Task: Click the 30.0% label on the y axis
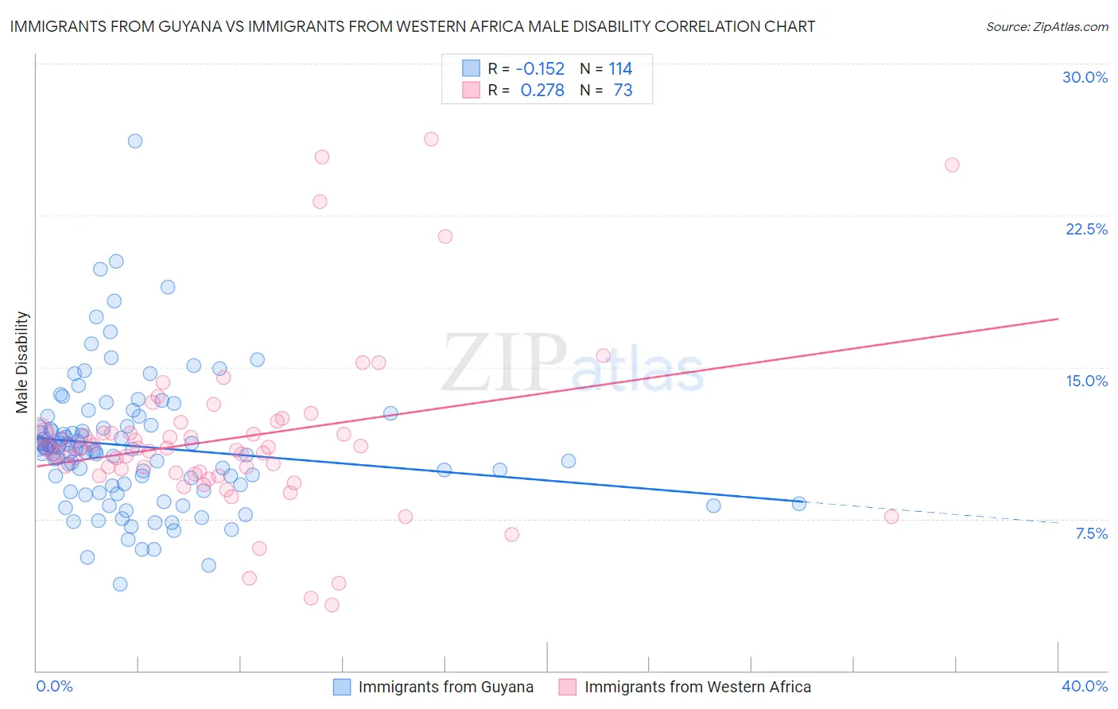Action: tap(1085, 77)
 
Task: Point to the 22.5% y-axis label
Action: tap(1086, 229)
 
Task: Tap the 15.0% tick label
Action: tap(1086, 381)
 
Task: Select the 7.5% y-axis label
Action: tap(1091, 533)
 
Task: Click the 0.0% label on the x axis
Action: tap(54, 686)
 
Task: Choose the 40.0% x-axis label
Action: tap(1084, 686)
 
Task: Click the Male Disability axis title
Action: tap(21, 362)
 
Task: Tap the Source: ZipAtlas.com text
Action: tap(1046, 26)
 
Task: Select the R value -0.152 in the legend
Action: tap(540, 68)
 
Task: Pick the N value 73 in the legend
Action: tap(623, 90)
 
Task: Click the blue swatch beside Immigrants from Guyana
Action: tap(341, 687)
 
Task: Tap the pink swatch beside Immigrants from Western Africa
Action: tap(567, 687)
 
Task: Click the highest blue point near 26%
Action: tap(135, 141)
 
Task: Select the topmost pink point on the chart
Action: tap(431, 139)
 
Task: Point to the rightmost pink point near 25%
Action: tap(952, 165)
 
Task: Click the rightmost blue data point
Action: tap(799, 503)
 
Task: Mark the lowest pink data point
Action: tap(332, 605)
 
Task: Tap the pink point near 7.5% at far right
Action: tap(891, 517)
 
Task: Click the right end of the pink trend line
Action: tap(1058, 319)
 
